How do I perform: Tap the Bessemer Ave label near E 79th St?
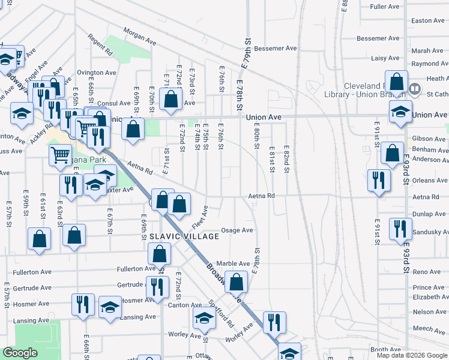click(x=276, y=48)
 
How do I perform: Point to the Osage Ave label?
click(x=237, y=230)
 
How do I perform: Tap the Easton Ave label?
click(x=428, y=20)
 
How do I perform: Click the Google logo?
click(x=20, y=353)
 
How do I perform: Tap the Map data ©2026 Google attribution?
click(x=411, y=355)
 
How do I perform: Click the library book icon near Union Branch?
click(x=414, y=89)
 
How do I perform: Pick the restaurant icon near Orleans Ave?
click(x=378, y=179)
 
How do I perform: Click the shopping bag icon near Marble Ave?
click(x=237, y=281)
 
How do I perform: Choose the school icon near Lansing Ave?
click(x=110, y=307)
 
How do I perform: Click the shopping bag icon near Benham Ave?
click(x=392, y=153)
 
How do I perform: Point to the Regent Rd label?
click(x=100, y=49)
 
